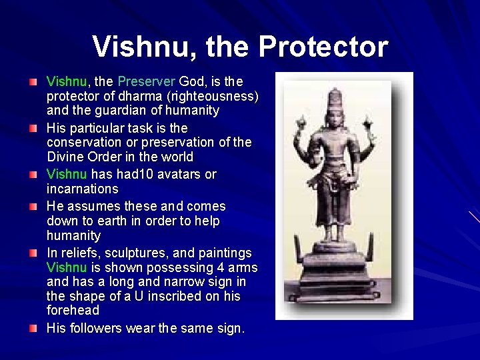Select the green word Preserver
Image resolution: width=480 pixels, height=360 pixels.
coord(146,82)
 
